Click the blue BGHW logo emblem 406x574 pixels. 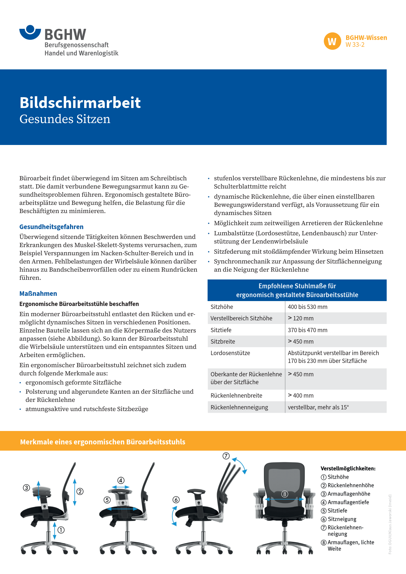pos(30,32)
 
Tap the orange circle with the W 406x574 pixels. pos(332,41)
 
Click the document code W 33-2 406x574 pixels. pos(355,45)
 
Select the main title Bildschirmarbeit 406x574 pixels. pos(80,102)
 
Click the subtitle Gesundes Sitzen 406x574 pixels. pos(65,119)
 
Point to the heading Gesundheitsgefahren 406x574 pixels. pos(51,227)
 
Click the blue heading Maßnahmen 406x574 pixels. pos(38,294)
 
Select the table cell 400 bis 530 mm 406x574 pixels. pos(307,307)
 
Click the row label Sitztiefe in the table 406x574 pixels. pos(221,330)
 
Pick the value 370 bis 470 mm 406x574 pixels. pos(307,330)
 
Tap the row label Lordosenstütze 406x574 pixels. pos(230,353)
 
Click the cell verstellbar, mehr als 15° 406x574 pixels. pos(318,407)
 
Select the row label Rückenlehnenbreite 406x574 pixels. pos(236,396)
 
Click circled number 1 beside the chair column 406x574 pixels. pos(61,530)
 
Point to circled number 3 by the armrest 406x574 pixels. pos(27,488)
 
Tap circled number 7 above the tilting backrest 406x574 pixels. pos(226,456)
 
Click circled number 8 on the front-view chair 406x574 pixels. pos(285,494)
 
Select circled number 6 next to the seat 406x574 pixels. pos(176,500)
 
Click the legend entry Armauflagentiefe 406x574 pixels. pos(348,502)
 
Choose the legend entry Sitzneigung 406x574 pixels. pos(342,519)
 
